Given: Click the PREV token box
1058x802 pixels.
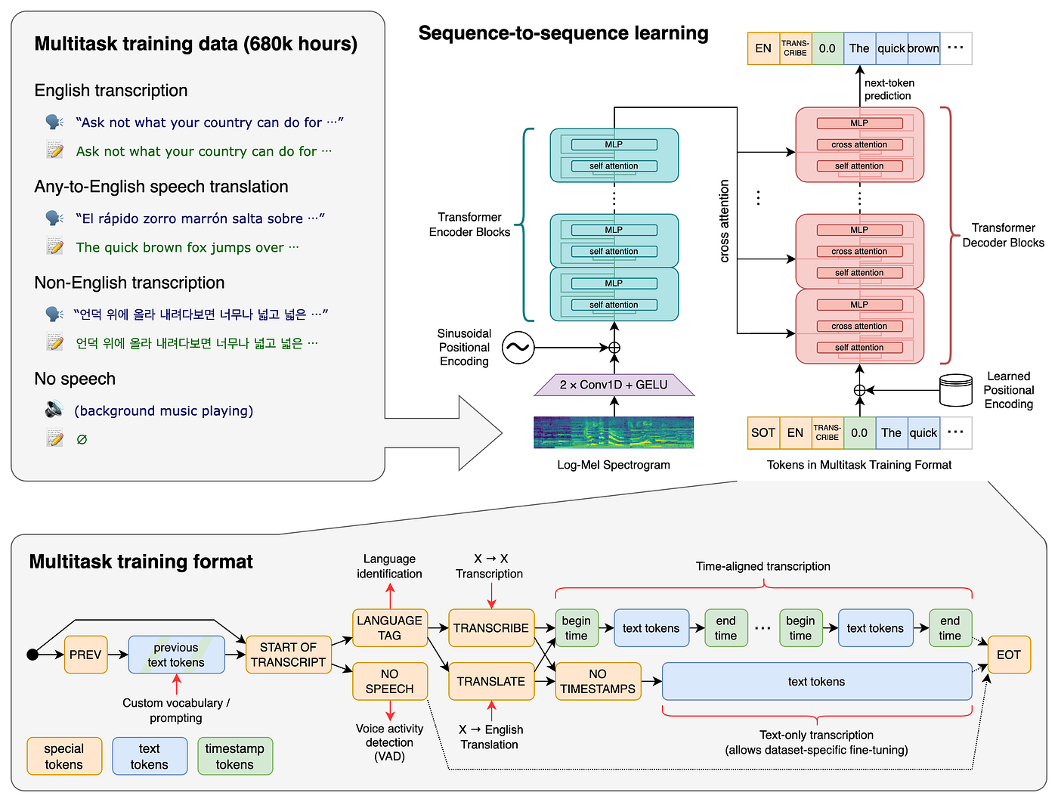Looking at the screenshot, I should tap(85, 655).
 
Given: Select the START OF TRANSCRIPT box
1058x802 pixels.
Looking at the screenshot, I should tap(288, 655).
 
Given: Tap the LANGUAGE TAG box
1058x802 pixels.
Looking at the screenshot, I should tap(390, 628).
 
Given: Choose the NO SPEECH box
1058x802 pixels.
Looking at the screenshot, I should tap(390, 681).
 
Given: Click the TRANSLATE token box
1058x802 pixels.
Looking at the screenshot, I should tap(491, 681).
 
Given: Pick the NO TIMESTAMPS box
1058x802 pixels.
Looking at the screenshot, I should tap(598, 681).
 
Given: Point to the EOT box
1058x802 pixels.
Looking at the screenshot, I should tap(1008, 655).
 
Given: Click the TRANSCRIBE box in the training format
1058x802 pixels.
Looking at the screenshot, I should tap(491, 628).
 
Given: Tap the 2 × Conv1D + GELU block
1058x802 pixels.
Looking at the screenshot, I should tap(614, 385).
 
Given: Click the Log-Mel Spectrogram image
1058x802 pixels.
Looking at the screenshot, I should tap(614, 432).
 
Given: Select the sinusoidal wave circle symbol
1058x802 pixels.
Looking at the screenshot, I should tap(518, 348).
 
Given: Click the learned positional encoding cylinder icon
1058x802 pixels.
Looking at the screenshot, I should tap(955, 390).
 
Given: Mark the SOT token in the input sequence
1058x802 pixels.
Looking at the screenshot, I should tap(763, 433).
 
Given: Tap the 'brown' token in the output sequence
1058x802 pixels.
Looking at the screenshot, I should tap(923, 48).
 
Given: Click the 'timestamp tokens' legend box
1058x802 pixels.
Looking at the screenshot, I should tap(235, 756).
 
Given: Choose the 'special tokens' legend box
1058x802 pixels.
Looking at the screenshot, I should tap(64, 756).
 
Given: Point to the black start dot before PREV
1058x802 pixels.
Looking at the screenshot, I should tap(32, 655).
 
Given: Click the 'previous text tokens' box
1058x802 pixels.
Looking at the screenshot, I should tap(176, 655).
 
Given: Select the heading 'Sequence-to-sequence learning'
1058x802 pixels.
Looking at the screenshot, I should tap(563, 33).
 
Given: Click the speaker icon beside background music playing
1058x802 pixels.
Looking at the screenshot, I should tap(54, 410).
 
